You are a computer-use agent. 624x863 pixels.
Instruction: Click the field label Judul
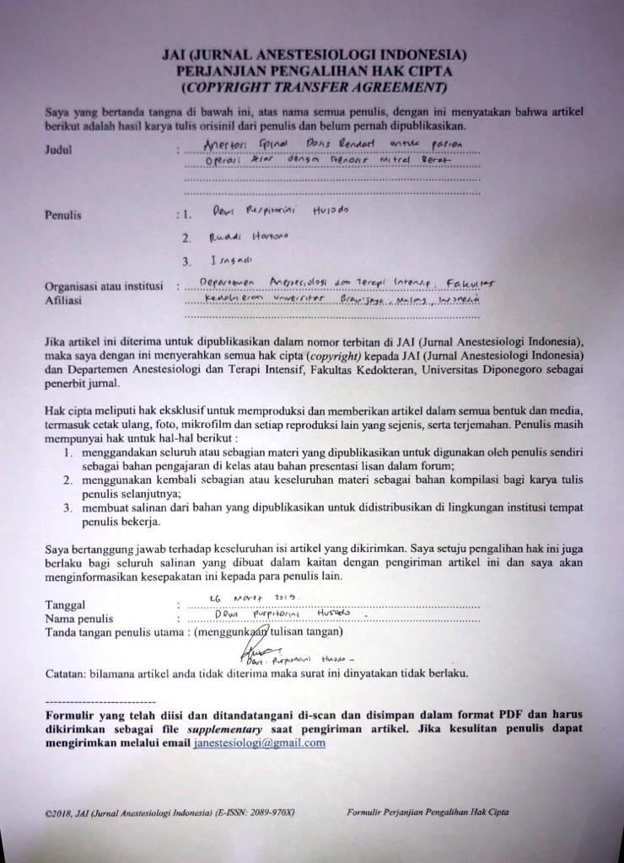point(59,152)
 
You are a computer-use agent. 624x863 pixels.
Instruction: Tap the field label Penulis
point(63,215)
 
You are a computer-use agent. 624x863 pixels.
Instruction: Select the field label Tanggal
point(67,605)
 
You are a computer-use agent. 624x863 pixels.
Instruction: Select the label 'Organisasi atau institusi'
point(104,287)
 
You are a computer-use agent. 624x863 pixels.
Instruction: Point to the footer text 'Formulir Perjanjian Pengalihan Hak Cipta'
point(428,812)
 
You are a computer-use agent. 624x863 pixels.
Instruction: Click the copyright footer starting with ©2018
point(171,812)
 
